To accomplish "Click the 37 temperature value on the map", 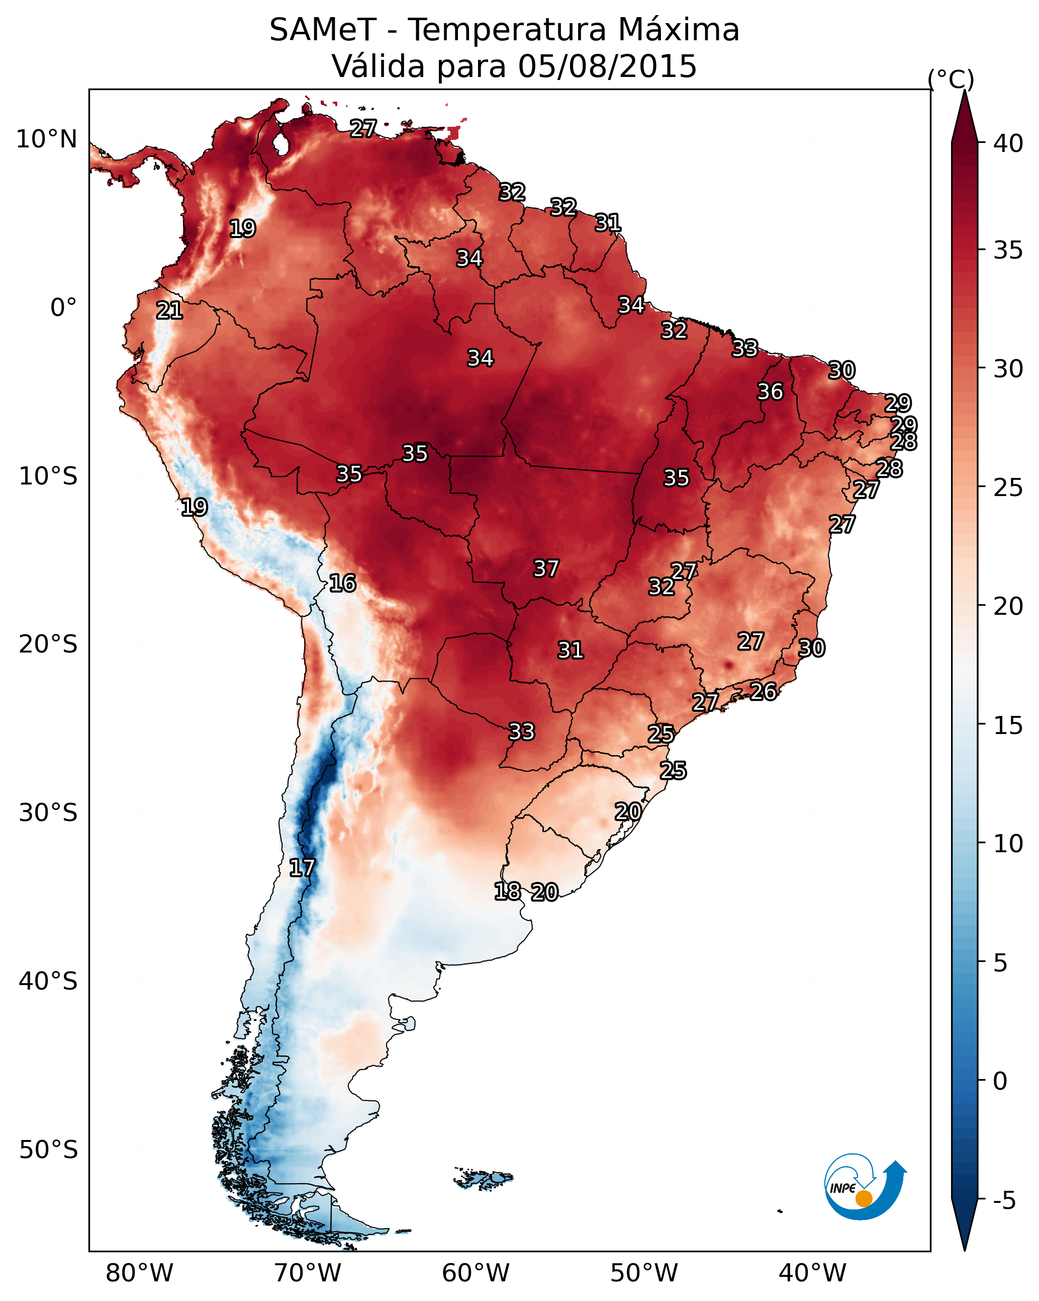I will (546, 568).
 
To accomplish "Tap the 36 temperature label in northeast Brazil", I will (770, 391).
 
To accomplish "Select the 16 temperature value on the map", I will (342, 583).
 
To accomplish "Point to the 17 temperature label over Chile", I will (302, 868).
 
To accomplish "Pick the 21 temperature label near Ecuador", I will (169, 311).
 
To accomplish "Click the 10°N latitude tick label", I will (46, 139).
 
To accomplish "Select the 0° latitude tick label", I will (63, 308).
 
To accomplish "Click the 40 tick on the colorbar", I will (1008, 143).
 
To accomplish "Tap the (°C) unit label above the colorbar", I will (951, 79).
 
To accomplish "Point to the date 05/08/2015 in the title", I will (607, 66).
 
